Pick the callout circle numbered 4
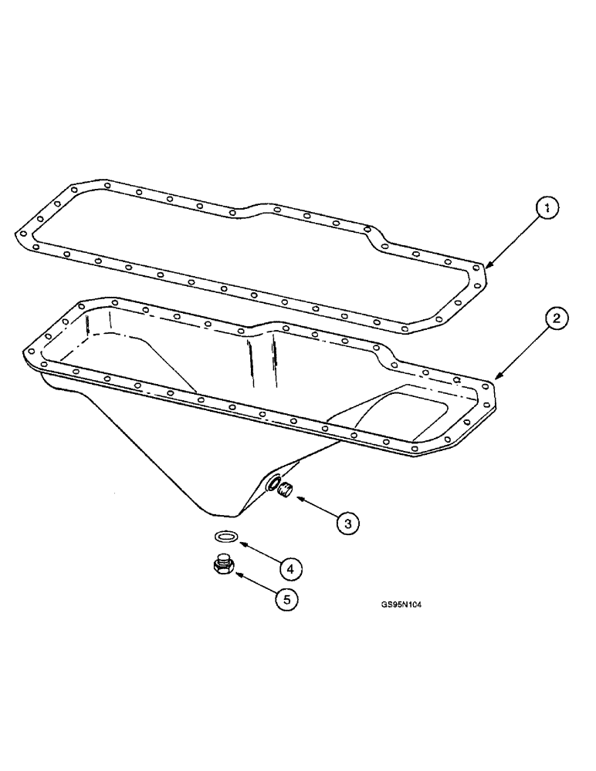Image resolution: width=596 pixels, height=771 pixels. pyautogui.click(x=290, y=569)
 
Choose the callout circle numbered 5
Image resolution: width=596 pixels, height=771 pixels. pyautogui.click(x=286, y=599)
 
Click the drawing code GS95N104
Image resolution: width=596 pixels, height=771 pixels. pyautogui.click(x=401, y=605)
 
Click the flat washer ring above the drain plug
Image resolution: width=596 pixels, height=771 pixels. pyautogui.click(x=226, y=537)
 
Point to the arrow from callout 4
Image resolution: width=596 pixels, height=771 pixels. pyautogui.click(x=258, y=553)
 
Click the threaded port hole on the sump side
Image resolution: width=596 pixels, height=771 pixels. pyautogui.click(x=273, y=483)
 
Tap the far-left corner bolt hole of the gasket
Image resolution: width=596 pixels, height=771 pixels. pyautogui.click(x=23, y=232)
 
